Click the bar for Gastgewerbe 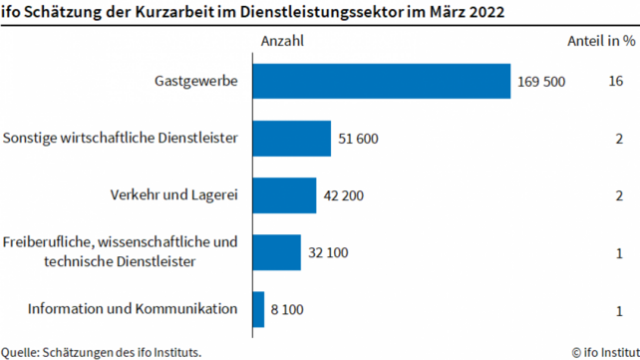click(381, 81)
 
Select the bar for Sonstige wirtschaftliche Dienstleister click(291, 139)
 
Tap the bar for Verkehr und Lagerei click(284, 195)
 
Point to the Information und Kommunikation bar click(258, 309)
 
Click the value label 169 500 click(541, 82)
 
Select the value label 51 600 click(358, 139)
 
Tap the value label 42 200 click(344, 195)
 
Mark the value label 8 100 click(287, 310)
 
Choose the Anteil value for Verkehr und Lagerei click(619, 195)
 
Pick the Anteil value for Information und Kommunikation click(619, 310)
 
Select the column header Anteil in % click(600, 41)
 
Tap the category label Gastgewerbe click(196, 81)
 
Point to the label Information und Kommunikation click(133, 309)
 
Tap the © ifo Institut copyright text click(604, 350)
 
